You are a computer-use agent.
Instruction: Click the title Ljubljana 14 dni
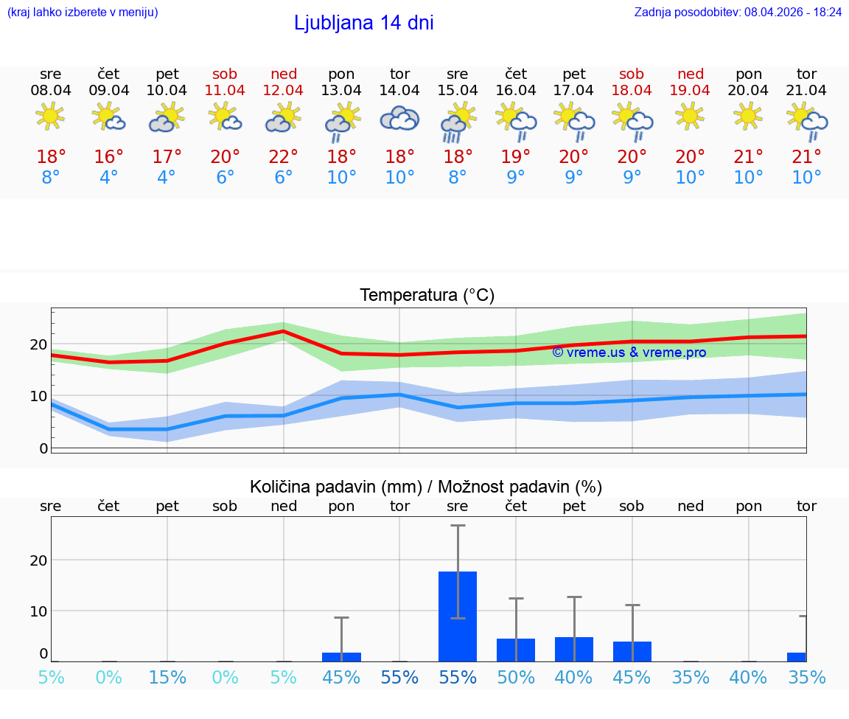tap(363, 23)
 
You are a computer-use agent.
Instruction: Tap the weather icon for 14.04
tap(399, 119)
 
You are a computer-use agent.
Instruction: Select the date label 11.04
tap(225, 90)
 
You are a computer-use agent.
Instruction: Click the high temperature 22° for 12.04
tap(283, 156)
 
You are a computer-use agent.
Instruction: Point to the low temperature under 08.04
tap(50, 177)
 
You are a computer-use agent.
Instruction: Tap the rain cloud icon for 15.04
tap(458, 121)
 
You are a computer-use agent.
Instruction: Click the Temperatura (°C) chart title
tap(427, 295)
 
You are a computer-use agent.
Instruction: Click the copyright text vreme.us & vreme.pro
tap(629, 352)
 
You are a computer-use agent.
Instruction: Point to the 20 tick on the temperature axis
tap(38, 344)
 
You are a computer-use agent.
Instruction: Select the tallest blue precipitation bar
tap(458, 616)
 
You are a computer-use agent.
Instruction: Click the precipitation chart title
tap(426, 487)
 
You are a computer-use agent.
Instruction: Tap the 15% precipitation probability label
tap(167, 677)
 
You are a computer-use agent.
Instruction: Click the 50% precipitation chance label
tap(516, 677)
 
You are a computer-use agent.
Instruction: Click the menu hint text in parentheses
tap(82, 12)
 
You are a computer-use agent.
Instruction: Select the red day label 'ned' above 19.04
tap(690, 74)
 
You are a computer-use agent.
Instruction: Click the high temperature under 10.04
tap(167, 156)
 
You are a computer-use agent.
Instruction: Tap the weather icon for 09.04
tap(108, 117)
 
